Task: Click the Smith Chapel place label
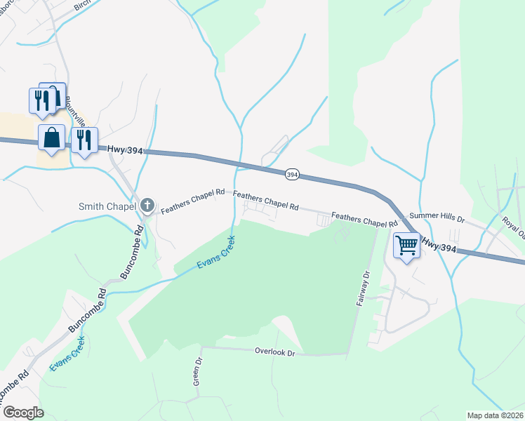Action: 107,206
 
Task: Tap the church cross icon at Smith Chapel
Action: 147,205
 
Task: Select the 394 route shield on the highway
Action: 293,174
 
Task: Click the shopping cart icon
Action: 406,245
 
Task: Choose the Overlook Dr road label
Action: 275,352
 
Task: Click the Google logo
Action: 23,412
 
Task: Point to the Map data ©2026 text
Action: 495,415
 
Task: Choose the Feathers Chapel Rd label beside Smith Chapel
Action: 192,201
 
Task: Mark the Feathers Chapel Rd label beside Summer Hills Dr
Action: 360,220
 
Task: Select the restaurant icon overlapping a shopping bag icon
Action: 39,99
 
